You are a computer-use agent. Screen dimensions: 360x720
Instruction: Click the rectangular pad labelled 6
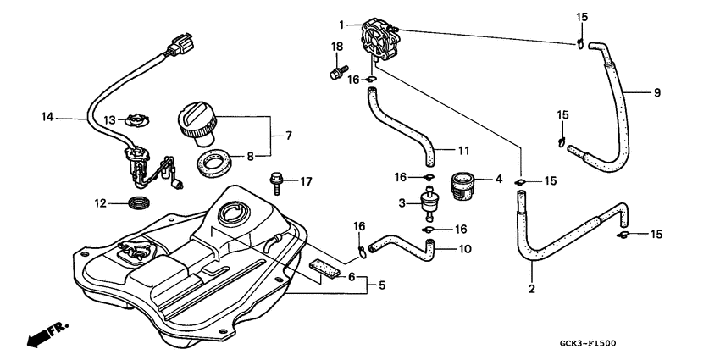(x=323, y=268)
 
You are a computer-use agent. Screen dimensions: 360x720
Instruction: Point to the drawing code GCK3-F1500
(x=586, y=344)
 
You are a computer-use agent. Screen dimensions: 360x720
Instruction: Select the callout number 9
(x=656, y=92)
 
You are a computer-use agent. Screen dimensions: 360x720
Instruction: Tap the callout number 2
(x=532, y=289)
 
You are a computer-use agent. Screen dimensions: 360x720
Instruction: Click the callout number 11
(x=462, y=151)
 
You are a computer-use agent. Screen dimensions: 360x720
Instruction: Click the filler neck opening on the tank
(x=230, y=213)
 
